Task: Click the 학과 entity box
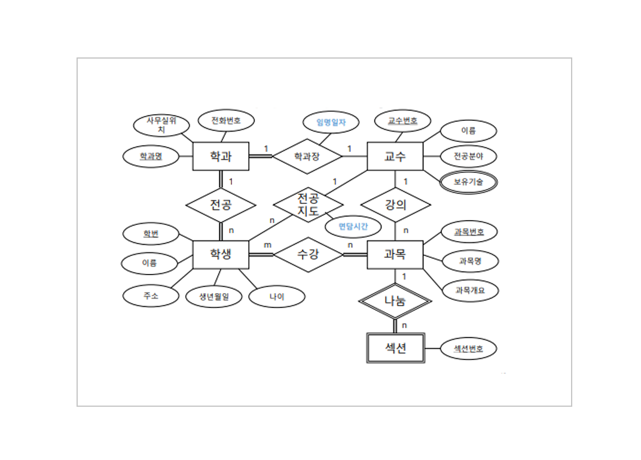point(221,157)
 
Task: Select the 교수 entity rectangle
point(395,157)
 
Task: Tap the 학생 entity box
point(221,255)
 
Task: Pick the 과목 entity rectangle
point(395,255)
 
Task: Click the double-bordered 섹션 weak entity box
point(395,348)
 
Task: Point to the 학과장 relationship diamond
point(307,157)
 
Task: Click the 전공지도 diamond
point(308,204)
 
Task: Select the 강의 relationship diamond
point(395,205)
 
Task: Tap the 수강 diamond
point(308,255)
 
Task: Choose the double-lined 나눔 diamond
point(395,301)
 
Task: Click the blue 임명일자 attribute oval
point(331,123)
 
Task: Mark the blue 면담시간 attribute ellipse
point(354,227)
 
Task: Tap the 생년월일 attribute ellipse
point(214,296)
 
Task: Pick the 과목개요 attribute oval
point(469,290)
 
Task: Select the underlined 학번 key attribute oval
point(151,234)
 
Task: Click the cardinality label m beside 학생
point(267,245)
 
